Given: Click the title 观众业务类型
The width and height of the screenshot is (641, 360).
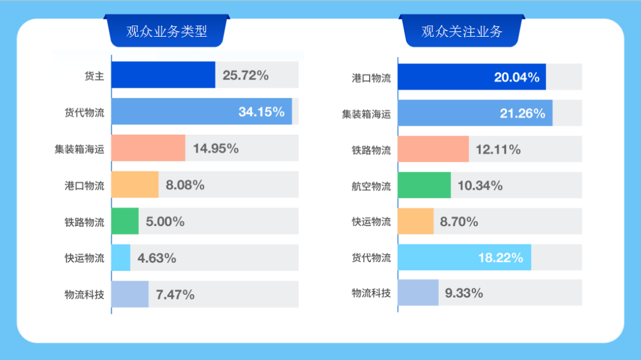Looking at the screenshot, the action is tap(166, 31).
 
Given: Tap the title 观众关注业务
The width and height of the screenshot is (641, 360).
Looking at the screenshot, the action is tap(462, 31).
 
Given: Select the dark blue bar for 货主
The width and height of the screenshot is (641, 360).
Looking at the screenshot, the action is tap(164, 75).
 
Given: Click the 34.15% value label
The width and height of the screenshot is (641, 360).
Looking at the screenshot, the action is tap(261, 111).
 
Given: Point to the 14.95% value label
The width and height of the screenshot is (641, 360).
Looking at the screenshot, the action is tap(215, 148).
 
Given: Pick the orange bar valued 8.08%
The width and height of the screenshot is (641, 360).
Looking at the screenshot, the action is tap(135, 184).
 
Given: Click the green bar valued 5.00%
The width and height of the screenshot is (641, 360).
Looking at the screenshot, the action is tap(125, 221).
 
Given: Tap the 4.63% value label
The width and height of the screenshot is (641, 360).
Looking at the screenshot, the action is tap(157, 258).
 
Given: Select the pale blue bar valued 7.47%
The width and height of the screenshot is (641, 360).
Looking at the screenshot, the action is tap(130, 294).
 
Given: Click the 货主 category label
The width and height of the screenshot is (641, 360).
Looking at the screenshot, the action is tap(94, 76).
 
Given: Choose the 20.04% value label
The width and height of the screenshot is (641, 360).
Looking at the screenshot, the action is tap(517, 77).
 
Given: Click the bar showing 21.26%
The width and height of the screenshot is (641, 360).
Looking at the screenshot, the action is tap(475, 113).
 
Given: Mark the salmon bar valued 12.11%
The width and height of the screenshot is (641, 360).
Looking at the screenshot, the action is tap(433, 149).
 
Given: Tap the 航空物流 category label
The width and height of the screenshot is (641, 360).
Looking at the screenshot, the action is tap(371, 186).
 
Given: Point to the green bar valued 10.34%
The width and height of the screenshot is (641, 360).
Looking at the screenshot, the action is tap(424, 185).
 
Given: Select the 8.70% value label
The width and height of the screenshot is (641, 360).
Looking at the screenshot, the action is tap(459, 221).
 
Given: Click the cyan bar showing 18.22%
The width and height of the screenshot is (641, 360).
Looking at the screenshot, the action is tap(464, 257).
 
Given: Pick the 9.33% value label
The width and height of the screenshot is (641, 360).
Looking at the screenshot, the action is tap(464, 293).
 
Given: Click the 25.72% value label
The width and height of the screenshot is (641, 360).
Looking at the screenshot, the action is tap(245, 75).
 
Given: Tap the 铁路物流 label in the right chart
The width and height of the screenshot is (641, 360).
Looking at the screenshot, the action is tap(371, 151).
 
